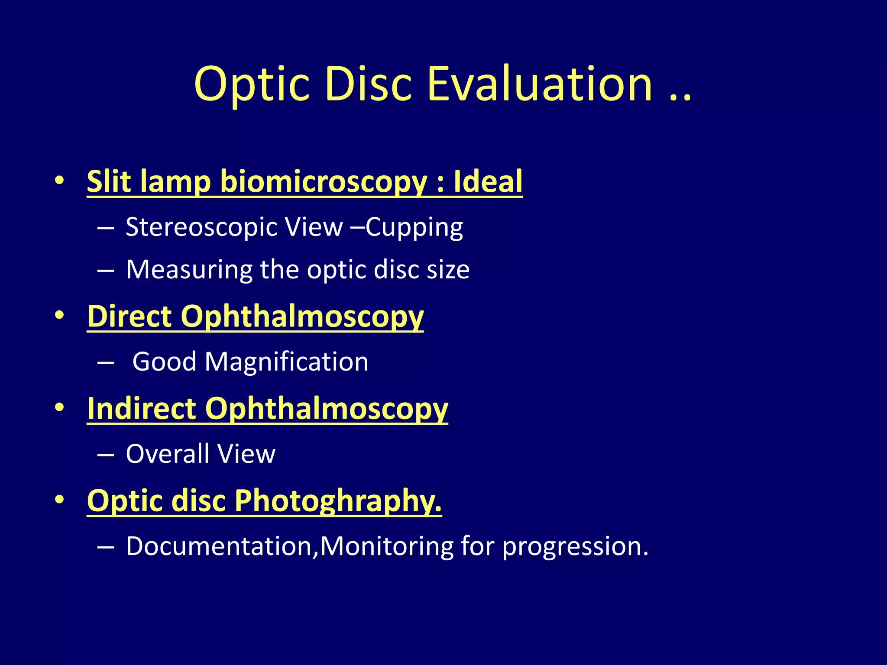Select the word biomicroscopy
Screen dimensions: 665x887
(x=324, y=182)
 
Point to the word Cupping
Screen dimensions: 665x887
(x=414, y=228)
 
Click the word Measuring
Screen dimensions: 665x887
(x=189, y=270)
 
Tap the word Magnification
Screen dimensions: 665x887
(x=286, y=362)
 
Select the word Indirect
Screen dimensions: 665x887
(x=142, y=408)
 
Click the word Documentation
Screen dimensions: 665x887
(x=219, y=546)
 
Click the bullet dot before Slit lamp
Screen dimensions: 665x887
(x=60, y=180)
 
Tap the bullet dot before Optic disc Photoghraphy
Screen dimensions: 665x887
(x=60, y=500)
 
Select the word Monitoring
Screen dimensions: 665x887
(x=386, y=546)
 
